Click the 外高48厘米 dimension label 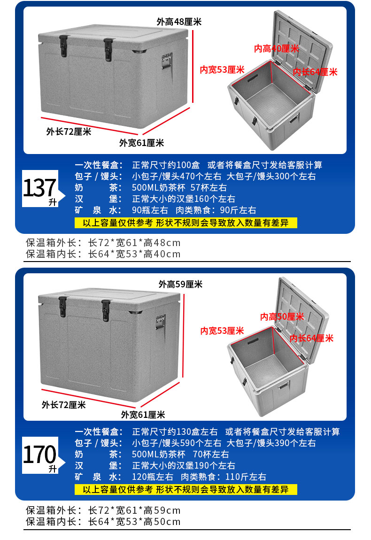179,22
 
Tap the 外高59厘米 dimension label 180,284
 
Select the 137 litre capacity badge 40,188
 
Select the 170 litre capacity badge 40,455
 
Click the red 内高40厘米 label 276,48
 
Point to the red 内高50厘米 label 282,316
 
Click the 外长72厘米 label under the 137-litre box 69,131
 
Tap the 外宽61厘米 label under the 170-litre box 143,415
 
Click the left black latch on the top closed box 63,46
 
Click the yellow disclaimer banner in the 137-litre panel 185,223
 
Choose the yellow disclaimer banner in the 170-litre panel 185,489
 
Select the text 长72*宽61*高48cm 134,243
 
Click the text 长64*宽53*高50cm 134,522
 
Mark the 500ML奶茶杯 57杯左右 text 179,188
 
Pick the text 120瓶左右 153,477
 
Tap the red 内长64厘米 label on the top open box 315,72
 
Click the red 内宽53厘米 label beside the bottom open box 222,331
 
